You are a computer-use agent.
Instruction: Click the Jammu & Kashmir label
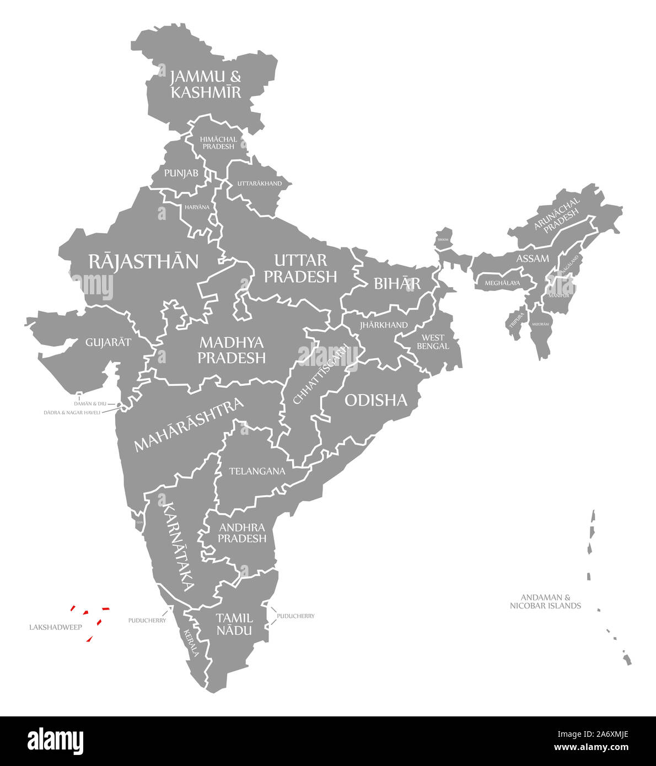tap(206, 84)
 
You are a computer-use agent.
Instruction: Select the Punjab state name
tap(181, 173)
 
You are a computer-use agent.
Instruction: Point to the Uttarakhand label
tap(259, 184)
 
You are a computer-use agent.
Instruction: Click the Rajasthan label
tap(143, 261)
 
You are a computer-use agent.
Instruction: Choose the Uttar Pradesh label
tap(300, 268)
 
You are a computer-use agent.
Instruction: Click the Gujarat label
tap(108, 342)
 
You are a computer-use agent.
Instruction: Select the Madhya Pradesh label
tap(232, 350)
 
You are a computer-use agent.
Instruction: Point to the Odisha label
tap(376, 400)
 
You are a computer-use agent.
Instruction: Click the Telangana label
tap(257, 471)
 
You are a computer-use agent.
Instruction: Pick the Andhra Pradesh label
tap(242, 533)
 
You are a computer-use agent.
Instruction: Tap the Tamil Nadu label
tap(234, 624)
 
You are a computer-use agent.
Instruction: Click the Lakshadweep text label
tap(56, 627)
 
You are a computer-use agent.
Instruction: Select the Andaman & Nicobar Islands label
tap(545, 601)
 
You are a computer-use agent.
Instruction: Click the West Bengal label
tap(433, 342)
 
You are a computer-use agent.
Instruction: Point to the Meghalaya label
tap(502, 283)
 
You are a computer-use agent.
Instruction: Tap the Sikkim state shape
tap(444, 238)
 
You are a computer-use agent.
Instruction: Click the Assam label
tap(533, 258)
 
